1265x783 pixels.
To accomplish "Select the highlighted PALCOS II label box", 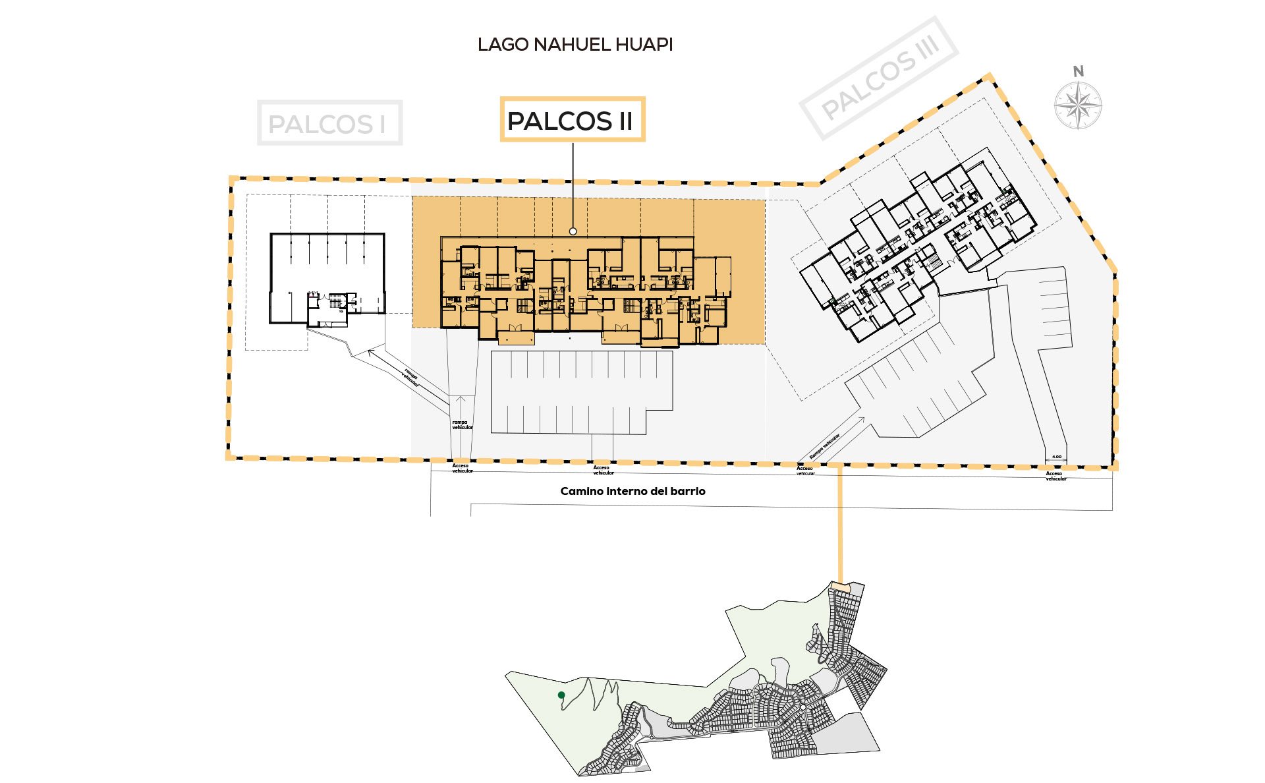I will pyautogui.click(x=572, y=120).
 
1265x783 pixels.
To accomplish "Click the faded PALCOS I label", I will pyautogui.click(x=329, y=123).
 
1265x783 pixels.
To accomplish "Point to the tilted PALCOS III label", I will pyautogui.click(x=880, y=78).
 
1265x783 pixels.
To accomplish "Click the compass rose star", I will pyautogui.click(x=1078, y=105).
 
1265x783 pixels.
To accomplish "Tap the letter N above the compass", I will pyautogui.click(x=1078, y=71).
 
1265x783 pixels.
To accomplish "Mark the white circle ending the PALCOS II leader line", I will pyautogui.click(x=573, y=231).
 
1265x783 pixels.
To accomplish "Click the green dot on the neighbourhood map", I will pyautogui.click(x=561, y=695).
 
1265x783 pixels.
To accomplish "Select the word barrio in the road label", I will pyautogui.click(x=688, y=491).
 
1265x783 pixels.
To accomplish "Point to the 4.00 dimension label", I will pyautogui.click(x=1056, y=457).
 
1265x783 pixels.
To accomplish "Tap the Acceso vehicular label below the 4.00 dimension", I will pyautogui.click(x=1055, y=476).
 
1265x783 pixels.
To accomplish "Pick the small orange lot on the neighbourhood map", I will pyautogui.click(x=840, y=585).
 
